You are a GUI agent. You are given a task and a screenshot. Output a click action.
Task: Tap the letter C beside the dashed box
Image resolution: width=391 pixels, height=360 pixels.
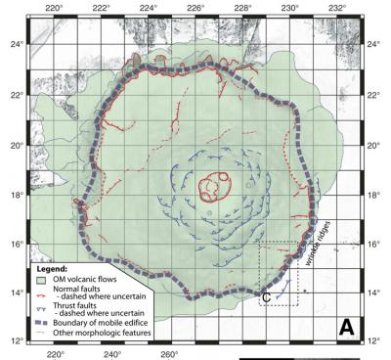(x=266, y=296)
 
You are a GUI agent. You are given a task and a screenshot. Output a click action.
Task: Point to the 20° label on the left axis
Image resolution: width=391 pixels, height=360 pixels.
(x=13, y=145)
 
